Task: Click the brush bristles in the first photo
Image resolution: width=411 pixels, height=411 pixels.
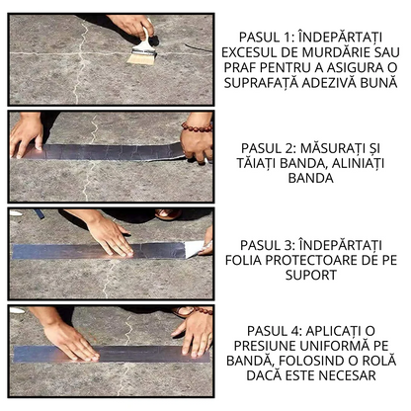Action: point(141,57)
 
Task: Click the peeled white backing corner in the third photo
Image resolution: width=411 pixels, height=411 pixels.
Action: point(196,248)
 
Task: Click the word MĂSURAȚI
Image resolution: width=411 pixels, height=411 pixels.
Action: point(340,147)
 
